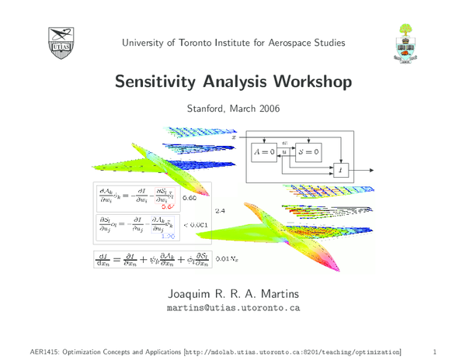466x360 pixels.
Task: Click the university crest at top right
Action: pyautogui.click(x=405, y=42)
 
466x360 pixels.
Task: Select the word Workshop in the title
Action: pyautogui.click(x=311, y=81)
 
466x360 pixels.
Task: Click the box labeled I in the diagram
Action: pyautogui.click(x=339, y=169)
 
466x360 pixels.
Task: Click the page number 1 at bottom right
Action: pyautogui.click(x=436, y=351)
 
